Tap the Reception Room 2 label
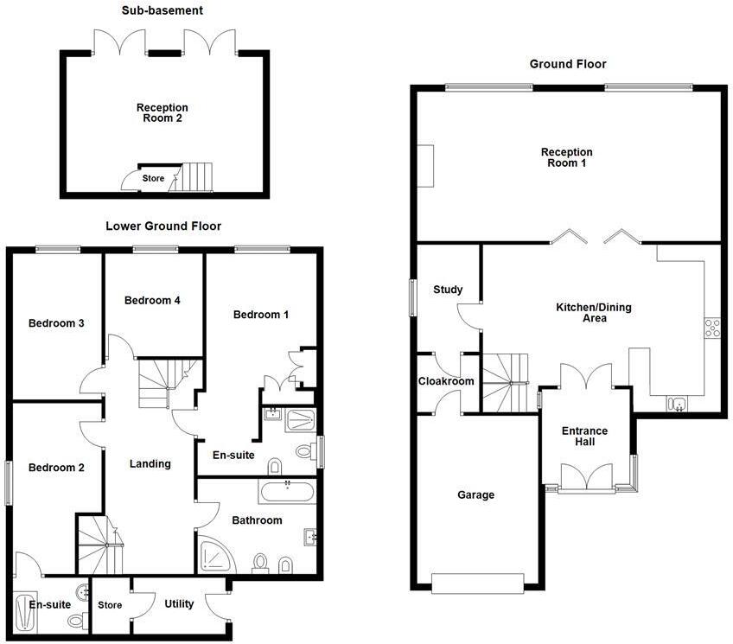tap(162, 113)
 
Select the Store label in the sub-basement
tap(153, 179)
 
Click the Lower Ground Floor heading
tap(163, 226)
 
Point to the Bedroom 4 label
tap(152, 301)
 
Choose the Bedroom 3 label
tap(56, 323)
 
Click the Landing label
tap(150, 463)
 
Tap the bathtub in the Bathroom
tap(286, 494)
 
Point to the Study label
tap(448, 290)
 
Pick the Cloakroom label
tap(446, 381)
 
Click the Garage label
tap(475, 495)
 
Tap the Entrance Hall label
tap(585, 437)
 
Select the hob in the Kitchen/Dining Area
tap(713, 328)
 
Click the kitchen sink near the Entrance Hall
tap(676, 404)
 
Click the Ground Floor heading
tap(568, 64)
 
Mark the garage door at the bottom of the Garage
tap(477, 583)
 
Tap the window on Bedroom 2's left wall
tap(10, 482)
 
